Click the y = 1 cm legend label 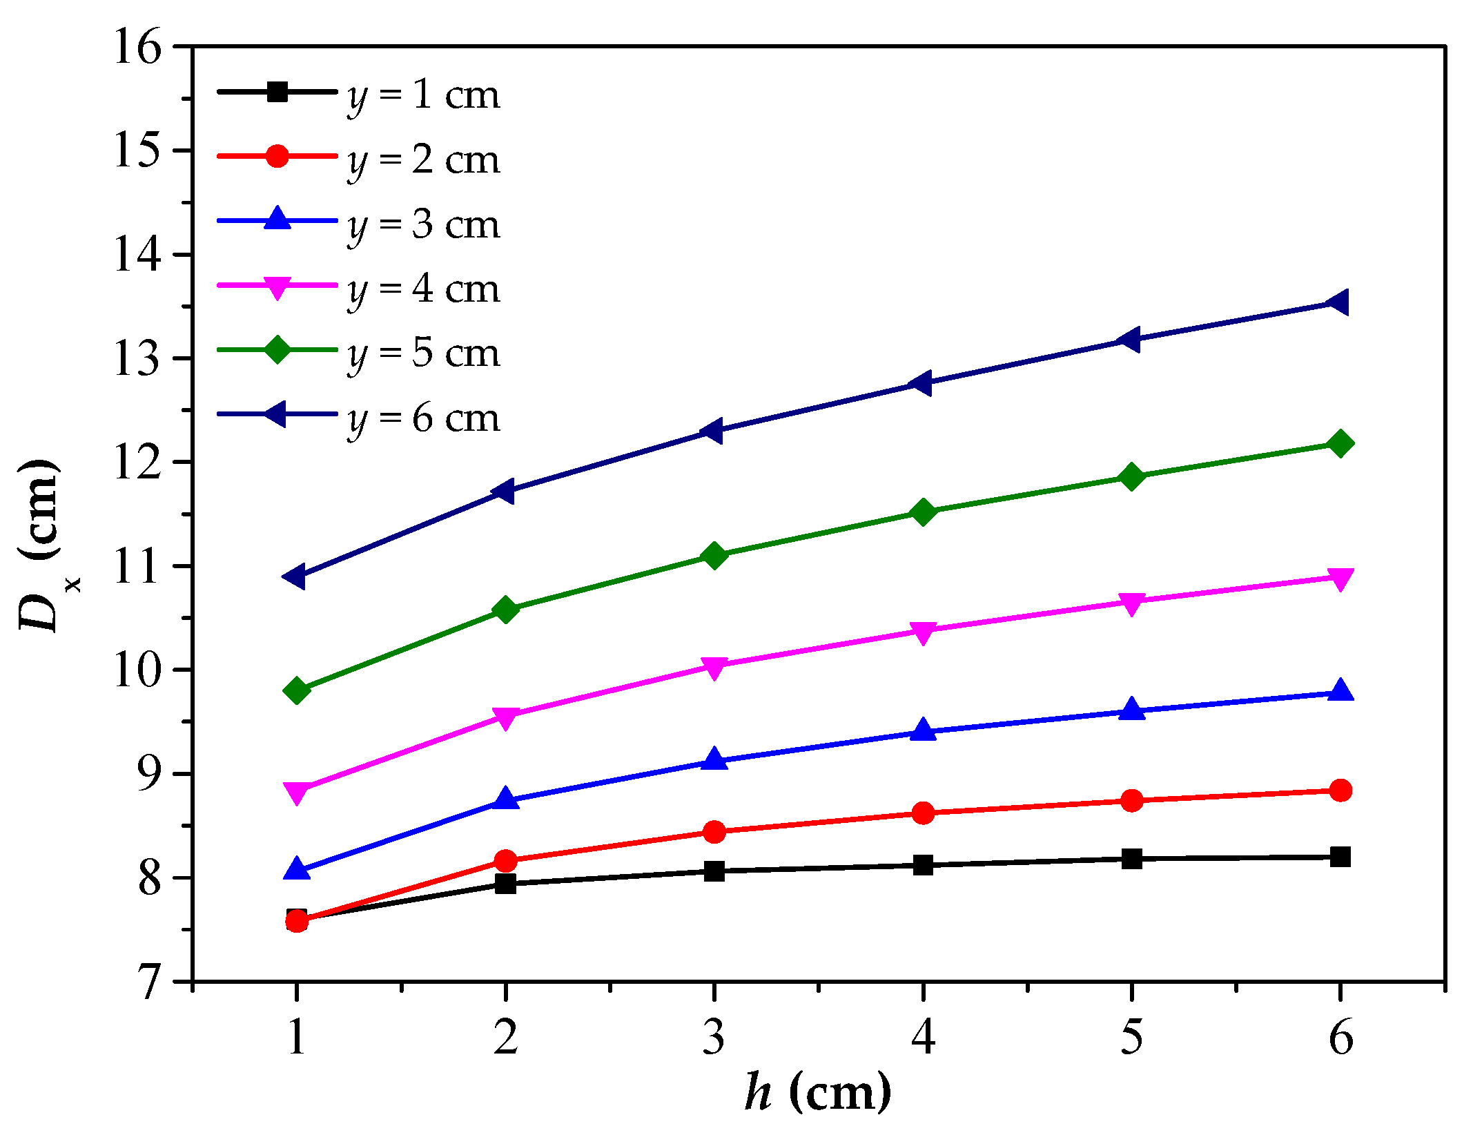[422, 95]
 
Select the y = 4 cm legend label [422, 289]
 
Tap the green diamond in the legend [277, 349]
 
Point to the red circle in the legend [277, 156]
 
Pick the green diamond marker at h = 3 [714, 555]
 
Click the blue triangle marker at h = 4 [923, 730]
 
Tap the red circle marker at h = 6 [1340, 790]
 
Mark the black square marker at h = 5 [1131, 859]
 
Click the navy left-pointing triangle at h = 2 [504, 492]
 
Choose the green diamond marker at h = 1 [297, 690]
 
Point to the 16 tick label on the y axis [137, 48]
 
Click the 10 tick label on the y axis [137, 670]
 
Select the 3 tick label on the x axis [714, 1037]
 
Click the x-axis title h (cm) [817, 1093]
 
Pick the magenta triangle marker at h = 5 [1131, 603]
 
